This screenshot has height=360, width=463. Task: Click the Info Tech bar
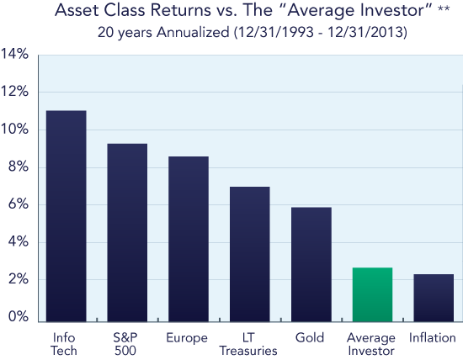[x=67, y=216]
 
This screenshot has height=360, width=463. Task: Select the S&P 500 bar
[x=127, y=232]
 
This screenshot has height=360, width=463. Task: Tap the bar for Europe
[x=189, y=239]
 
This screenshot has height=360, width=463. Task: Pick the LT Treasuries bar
[x=250, y=254]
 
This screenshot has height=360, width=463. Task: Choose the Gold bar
[x=311, y=264]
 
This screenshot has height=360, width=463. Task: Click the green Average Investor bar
[x=372, y=294]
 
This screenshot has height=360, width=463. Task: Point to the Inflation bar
[x=434, y=298]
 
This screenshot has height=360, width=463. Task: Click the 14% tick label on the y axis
[x=14, y=54]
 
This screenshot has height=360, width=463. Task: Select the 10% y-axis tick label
[x=14, y=130]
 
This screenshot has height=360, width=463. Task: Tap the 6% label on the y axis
[x=19, y=204]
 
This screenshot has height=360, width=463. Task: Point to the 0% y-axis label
[x=19, y=316]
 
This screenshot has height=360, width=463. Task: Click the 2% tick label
[x=19, y=279]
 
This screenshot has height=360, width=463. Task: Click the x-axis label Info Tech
[x=64, y=344]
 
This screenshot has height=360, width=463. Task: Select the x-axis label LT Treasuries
[x=248, y=344]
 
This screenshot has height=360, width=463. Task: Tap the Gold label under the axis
[x=310, y=337]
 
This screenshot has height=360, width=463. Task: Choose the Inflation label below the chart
[x=433, y=337]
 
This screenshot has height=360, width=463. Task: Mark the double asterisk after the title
[x=444, y=8]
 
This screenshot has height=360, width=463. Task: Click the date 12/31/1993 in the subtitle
[x=275, y=32]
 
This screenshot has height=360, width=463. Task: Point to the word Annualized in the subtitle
[x=193, y=32]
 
